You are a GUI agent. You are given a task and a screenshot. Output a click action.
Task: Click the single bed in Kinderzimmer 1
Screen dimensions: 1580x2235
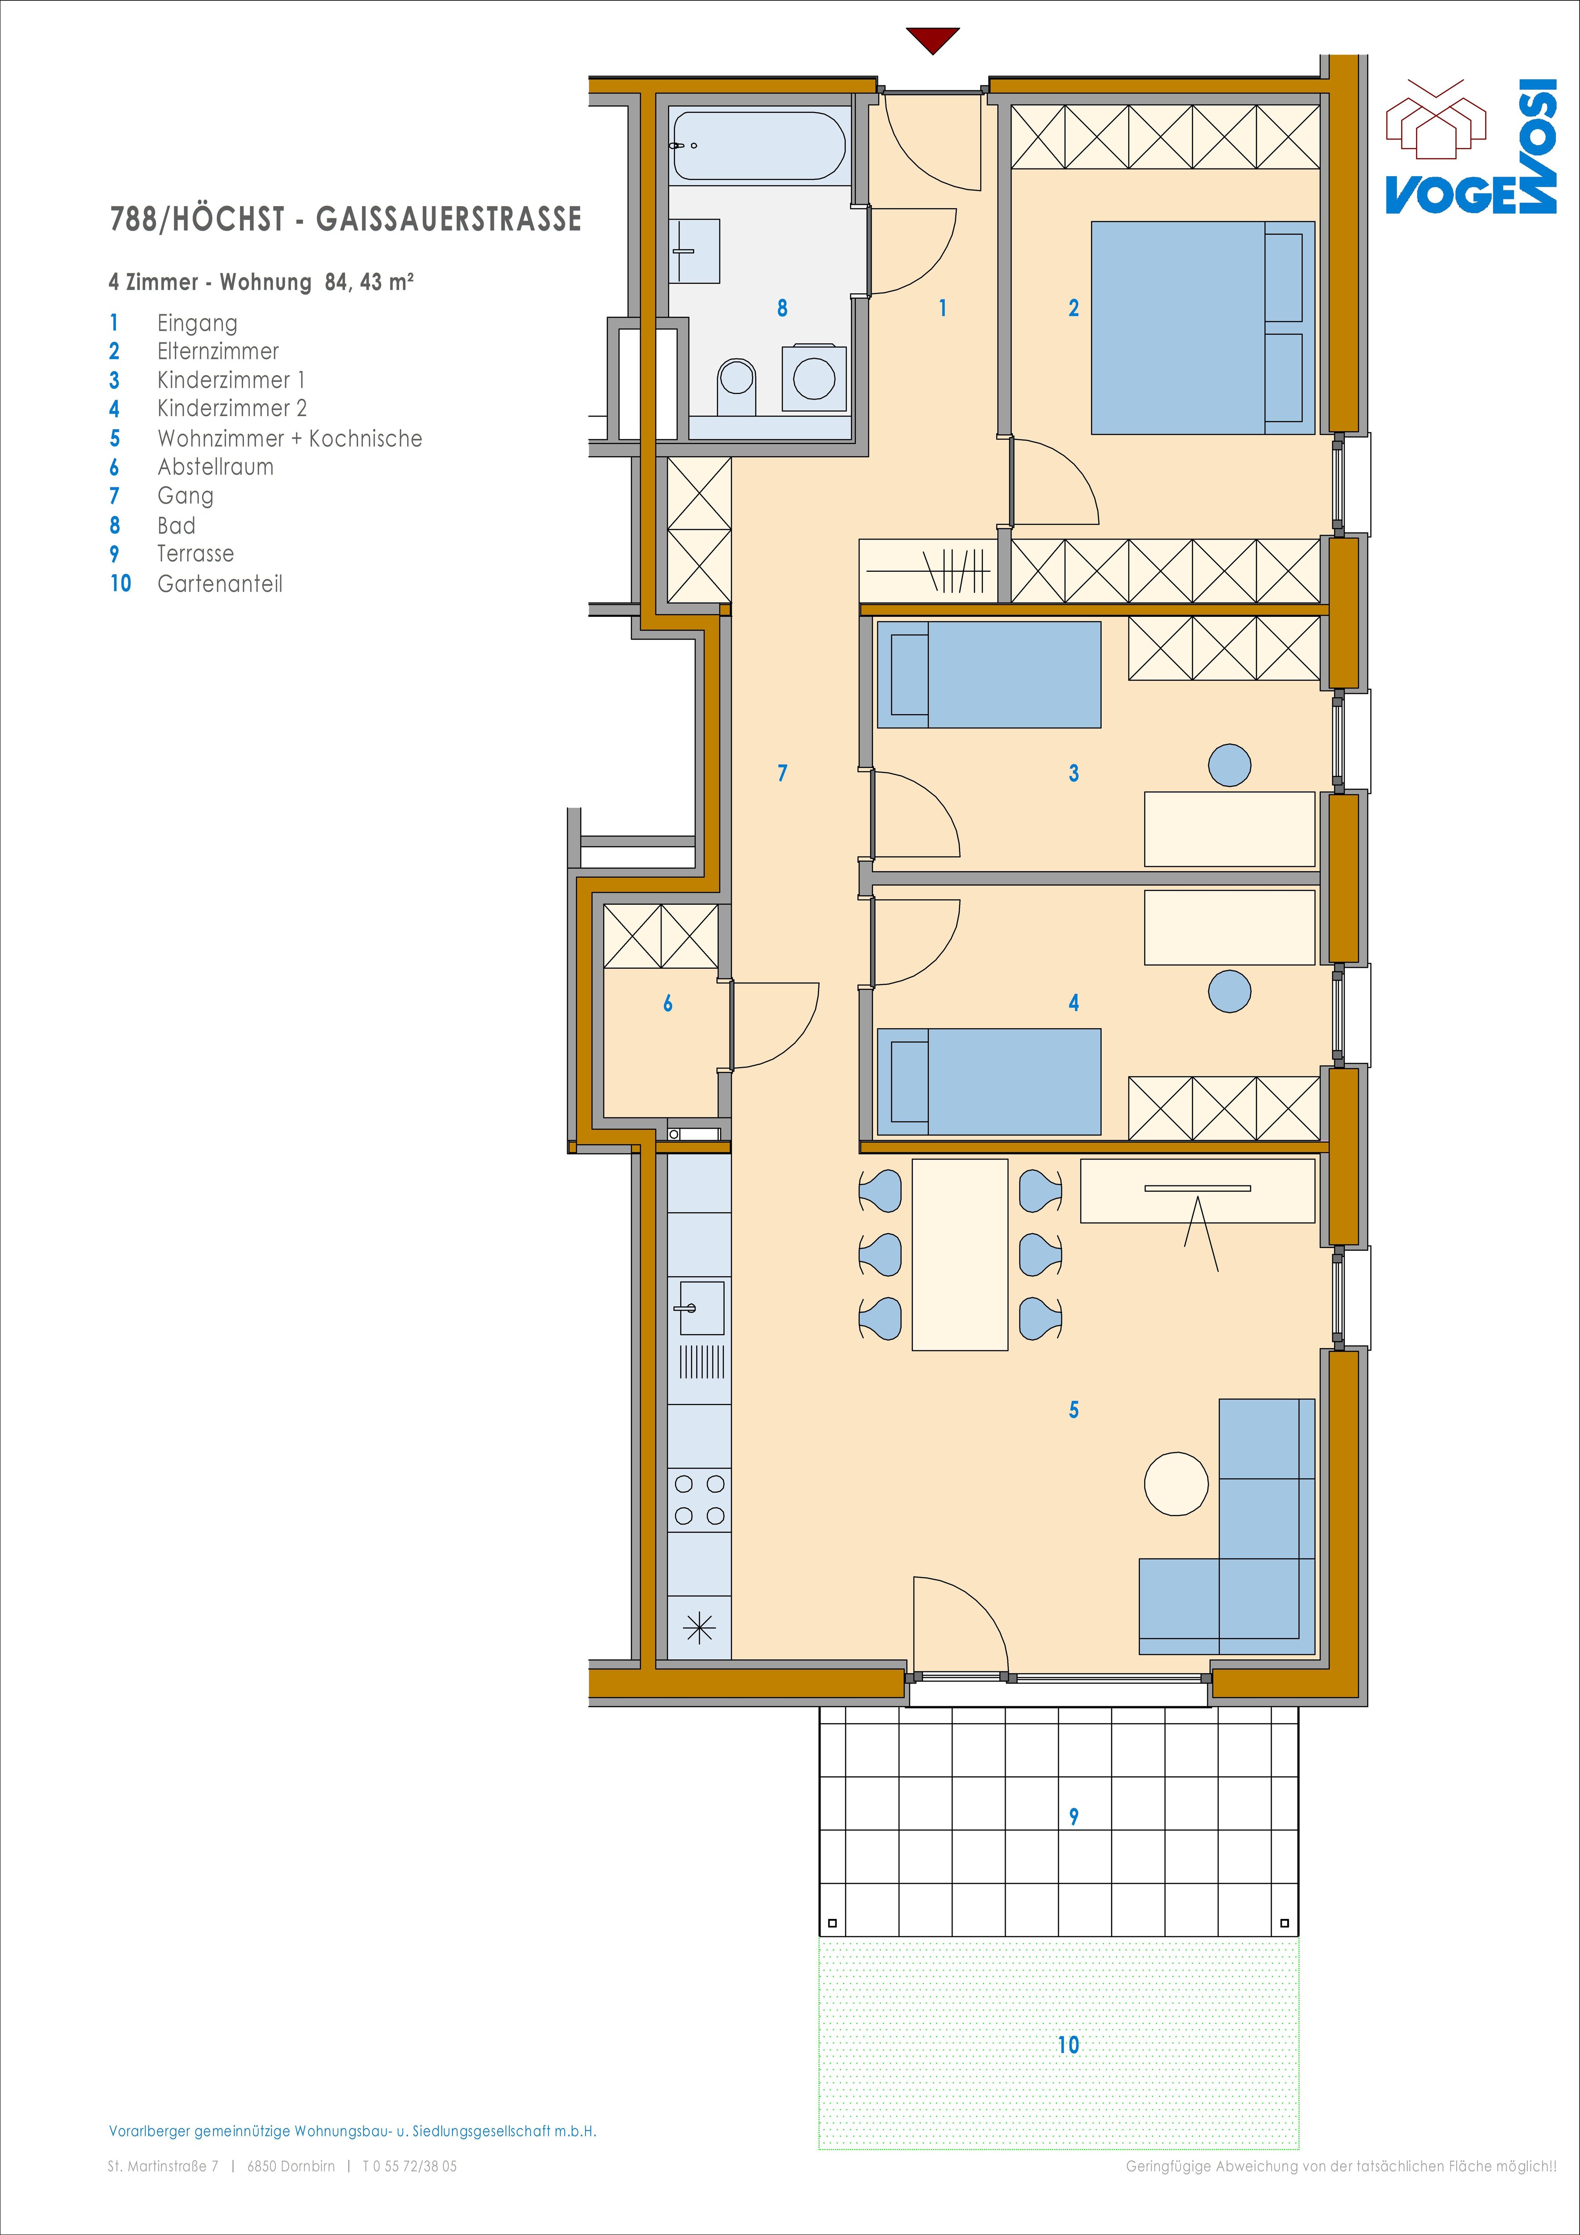coord(989,675)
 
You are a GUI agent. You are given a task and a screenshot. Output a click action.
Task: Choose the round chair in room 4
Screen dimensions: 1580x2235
coord(1230,992)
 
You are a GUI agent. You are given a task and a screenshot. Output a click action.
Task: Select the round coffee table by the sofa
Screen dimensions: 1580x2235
coord(1176,1484)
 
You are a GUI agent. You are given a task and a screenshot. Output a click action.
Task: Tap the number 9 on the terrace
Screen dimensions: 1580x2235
coord(1074,1817)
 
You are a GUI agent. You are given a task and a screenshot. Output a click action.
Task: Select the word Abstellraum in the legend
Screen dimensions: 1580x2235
coord(215,467)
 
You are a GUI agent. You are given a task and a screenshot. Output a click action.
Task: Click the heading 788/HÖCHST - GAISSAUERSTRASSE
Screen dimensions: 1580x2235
coord(345,219)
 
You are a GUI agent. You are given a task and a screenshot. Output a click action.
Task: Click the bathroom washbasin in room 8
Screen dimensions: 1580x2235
coord(694,251)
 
